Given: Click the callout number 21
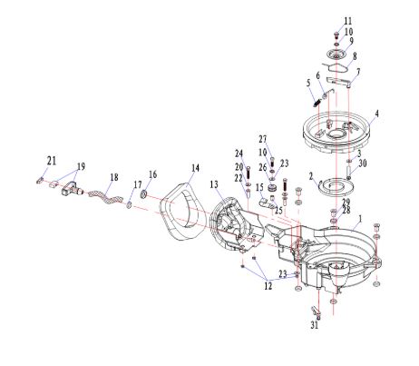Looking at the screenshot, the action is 52,161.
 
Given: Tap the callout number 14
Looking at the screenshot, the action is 195,168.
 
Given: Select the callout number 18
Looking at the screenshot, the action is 114,177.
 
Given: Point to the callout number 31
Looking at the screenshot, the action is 315,325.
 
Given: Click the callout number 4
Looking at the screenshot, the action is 376,114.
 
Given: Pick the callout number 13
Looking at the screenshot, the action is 214,184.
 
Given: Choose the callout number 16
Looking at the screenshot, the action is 153,174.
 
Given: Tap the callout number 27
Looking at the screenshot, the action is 263,139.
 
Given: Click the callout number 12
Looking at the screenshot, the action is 268,286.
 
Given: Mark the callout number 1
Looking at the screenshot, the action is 360,218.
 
